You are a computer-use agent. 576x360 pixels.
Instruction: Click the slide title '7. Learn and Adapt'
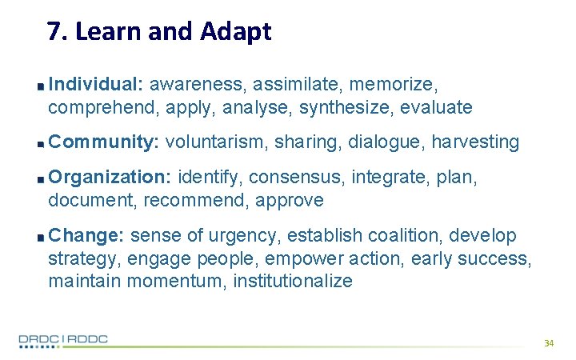coord(159,32)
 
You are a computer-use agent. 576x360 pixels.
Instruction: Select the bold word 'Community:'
coord(104,142)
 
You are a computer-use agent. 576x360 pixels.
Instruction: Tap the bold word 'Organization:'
coord(110,177)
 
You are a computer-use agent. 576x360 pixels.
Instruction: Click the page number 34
coord(548,342)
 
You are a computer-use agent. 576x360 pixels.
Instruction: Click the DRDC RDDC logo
coord(64,340)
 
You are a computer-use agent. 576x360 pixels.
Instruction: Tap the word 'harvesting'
coord(475,142)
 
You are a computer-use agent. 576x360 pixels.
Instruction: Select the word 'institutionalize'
coord(292,281)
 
